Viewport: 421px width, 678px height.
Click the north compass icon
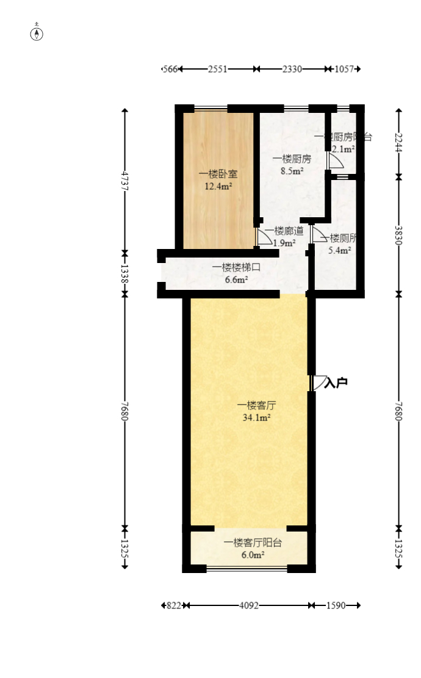[x=37, y=33]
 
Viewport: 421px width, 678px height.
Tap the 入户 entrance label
[x=336, y=383]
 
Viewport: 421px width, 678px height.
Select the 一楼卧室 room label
[x=218, y=174]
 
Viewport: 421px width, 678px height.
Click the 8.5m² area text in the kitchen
[x=292, y=171]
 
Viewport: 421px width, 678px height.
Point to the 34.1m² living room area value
[x=257, y=418]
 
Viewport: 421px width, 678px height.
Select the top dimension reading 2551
[x=218, y=70]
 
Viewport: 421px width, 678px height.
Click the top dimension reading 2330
[x=292, y=70]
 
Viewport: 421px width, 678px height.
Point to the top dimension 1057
[x=345, y=70]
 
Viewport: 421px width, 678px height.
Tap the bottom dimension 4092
[x=248, y=605]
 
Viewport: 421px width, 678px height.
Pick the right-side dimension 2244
[x=398, y=143]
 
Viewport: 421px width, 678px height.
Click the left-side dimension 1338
[x=125, y=273]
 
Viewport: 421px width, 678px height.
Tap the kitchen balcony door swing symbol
[x=335, y=161]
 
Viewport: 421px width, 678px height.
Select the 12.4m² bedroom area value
[x=218, y=187]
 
